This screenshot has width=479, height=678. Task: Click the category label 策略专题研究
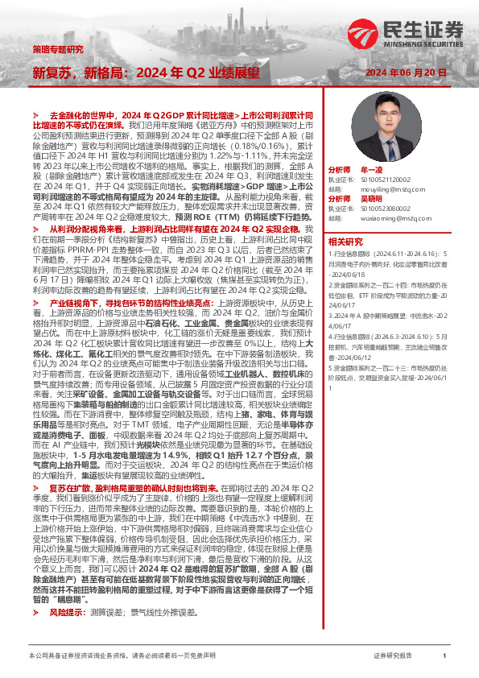57,49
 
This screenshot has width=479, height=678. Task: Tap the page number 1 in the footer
444,656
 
